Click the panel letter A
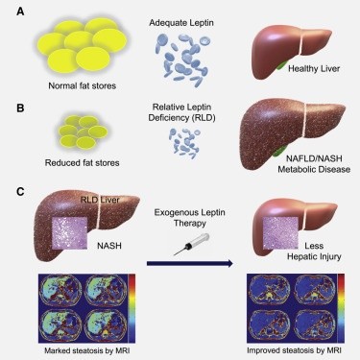coord(20,12)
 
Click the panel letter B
coord(20,108)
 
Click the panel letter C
coord(20,192)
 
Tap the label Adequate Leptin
coord(181,23)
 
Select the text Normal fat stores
coord(83,85)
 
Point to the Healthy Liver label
coord(314,68)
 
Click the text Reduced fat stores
coord(83,162)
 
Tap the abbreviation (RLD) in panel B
coord(204,118)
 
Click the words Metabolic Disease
coord(314,169)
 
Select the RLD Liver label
coord(100,200)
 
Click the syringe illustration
coord(191,245)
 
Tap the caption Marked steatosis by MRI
coord(87,350)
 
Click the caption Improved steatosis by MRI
coord(294,350)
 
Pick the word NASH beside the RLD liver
coord(109,246)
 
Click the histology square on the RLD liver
coord(69,233)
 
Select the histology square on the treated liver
coord(280,232)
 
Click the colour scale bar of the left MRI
coord(132,308)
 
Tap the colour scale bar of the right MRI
coord(341,308)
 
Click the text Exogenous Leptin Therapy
coord(190,218)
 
